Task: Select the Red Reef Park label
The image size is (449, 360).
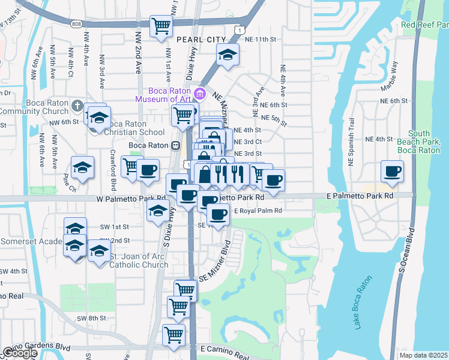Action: (424, 25)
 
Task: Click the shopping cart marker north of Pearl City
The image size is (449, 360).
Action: (161, 26)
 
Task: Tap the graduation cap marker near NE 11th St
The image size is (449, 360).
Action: (227, 56)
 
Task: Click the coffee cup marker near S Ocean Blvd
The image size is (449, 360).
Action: (393, 172)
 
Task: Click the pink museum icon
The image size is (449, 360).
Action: (200, 94)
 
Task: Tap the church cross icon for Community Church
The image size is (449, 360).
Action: (76, 106)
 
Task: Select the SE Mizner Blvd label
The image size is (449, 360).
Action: (215, 262)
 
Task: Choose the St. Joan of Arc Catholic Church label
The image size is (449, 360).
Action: (139, 260)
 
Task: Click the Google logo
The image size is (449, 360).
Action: (20, 353)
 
